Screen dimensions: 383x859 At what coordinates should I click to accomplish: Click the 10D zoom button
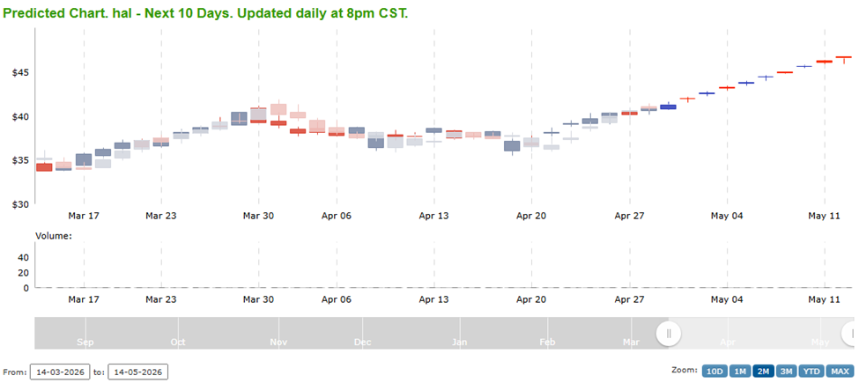point(714,372)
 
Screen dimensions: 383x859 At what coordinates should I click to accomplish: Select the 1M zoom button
point(740,372)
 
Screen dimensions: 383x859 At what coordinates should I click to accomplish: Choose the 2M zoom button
point(763,372)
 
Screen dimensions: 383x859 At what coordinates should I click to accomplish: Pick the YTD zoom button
point(811,372)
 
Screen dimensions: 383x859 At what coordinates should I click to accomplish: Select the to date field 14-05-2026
point(137,372)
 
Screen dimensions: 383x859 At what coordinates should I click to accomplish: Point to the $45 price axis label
point(19,72)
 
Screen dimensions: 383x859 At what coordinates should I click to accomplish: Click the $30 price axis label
point(19,204)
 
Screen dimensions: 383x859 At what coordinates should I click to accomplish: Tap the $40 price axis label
point(19,116)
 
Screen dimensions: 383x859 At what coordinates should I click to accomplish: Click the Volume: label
point(53,236)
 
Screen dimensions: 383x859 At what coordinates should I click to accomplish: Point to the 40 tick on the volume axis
point(23,258)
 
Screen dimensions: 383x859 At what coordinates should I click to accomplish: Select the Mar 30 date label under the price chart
point(259,215)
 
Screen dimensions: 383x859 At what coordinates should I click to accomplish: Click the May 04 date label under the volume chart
point(727,299)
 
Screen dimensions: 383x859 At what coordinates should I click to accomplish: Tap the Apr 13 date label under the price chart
point(434,215)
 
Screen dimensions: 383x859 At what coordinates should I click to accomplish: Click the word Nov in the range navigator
point(278,342)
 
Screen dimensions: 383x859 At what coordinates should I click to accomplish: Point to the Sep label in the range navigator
point(85,342)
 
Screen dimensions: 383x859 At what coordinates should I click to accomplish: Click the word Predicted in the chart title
point(37,14)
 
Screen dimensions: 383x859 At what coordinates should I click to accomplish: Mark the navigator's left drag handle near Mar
point(669,333)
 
